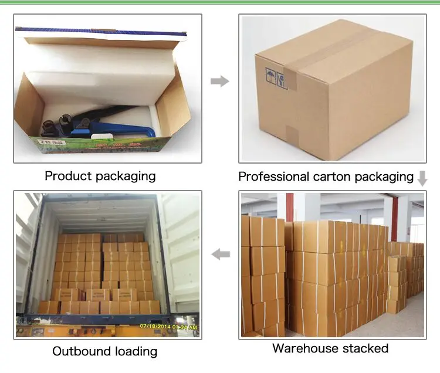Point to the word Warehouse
tap(304, 348)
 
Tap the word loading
tap(134, 351)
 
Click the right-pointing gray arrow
tap(219, 82)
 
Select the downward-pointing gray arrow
tap(422, 178)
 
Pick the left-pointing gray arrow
tap(220, 254)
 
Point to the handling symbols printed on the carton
tap(276, 78)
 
